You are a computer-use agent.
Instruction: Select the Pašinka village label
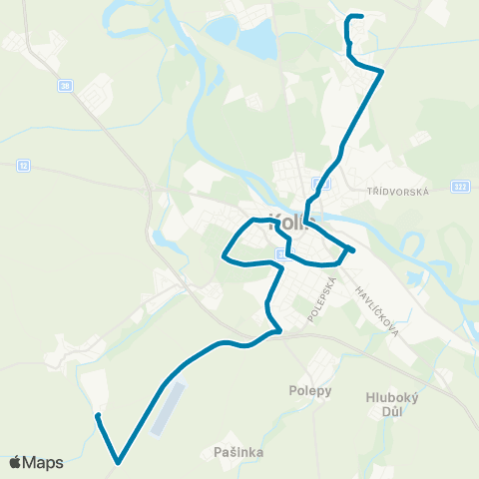239,452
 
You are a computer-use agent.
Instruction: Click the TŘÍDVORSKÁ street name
396,192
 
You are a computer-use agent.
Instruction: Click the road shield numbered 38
66,86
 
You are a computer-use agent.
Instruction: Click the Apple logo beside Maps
15,462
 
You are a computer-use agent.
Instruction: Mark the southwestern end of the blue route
97,415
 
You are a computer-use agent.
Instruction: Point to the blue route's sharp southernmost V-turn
118,462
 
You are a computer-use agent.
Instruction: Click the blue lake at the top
256,40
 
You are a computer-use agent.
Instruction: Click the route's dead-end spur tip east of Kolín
353,249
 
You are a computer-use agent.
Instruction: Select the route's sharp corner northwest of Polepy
279,329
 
